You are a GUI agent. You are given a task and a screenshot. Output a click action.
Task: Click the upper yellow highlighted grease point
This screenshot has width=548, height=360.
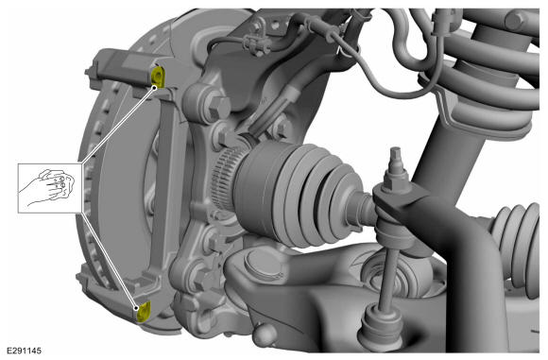(157, 77)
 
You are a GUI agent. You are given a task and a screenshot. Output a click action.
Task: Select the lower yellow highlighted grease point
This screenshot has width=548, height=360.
(144, 312)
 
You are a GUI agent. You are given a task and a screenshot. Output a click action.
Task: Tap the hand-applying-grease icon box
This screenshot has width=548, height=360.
(50, 188)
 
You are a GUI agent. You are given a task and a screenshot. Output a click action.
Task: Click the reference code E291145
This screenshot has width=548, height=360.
(24, 351)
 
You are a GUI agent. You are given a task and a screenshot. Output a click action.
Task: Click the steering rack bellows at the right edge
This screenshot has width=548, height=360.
(516, 245)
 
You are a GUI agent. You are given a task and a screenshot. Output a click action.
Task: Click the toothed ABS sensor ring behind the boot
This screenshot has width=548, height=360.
(226, 179)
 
